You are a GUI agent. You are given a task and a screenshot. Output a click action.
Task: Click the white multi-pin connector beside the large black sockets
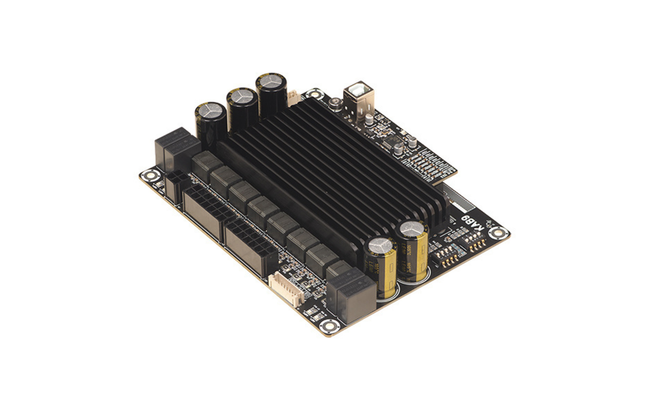[287, 289]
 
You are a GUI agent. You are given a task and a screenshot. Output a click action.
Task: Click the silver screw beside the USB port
[334, 104]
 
